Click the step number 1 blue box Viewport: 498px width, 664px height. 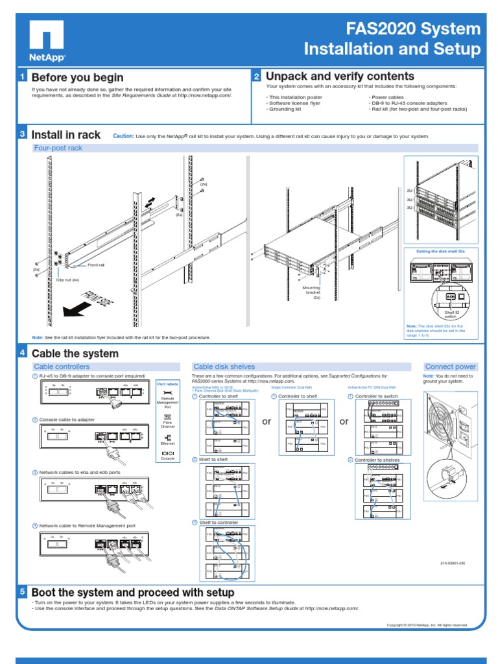[x=23, y=77]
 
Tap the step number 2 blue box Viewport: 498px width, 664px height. [x=256, y=77]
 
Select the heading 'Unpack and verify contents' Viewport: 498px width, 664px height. [x=340, y=77]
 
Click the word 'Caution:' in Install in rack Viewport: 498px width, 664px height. [x=123, y=136]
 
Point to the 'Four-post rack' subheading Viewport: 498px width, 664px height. [x=58, y=148]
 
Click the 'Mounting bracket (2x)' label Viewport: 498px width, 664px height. [x=313, y=292]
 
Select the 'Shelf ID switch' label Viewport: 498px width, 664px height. [x=451, y=314]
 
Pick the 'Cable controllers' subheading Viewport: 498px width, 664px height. [x=62, y=366]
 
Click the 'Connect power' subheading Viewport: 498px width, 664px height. [x=450, y=366]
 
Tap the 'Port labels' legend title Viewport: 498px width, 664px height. [x=167, y=385]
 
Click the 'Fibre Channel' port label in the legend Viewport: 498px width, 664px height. [x=167, y=425]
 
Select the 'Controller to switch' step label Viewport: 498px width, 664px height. [x=376, y=396]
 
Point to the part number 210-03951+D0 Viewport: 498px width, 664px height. [x=453, y=563]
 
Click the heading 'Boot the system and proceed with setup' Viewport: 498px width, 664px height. [x=133, y=593]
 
